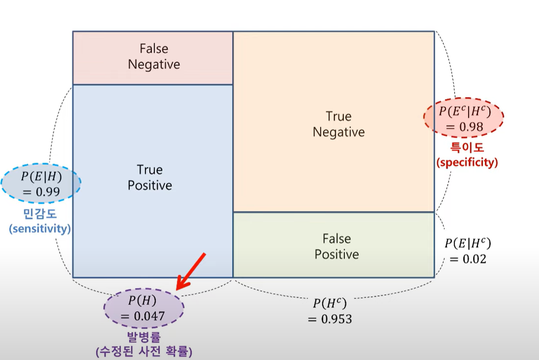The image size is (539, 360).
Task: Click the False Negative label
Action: coord(154,56)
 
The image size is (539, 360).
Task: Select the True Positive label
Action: coord(150,178)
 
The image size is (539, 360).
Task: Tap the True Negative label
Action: coord(338,124)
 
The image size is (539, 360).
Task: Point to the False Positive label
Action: coord(337,246)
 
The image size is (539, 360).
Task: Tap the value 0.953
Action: coord(330,319)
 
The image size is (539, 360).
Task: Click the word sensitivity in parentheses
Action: coord(40,229)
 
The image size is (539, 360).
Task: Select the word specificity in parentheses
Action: coord(467,162)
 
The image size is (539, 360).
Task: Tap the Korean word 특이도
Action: coord(467,148)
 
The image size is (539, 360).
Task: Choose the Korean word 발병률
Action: coord(143,337)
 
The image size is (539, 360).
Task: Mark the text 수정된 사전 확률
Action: coord(144,351)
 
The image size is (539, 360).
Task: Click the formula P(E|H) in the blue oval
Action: coord(41,177)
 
